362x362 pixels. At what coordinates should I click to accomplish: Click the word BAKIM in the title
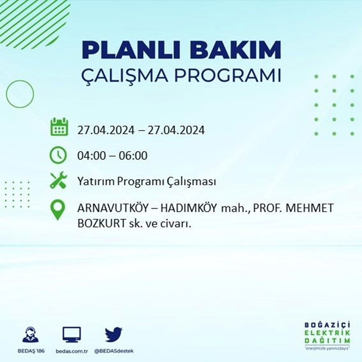click(x=236, y=50)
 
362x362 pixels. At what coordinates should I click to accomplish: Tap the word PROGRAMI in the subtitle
click(x=228, y=75)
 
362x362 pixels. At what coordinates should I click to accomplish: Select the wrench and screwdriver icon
click(x=58, y=180)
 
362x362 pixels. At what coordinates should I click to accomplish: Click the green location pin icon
click(x=58, y=210)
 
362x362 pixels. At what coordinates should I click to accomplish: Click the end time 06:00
click(x=133, y=156)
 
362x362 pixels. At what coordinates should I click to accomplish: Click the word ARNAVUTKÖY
click(x=113, y=208)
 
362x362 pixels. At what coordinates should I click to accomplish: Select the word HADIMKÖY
click(x=189, y=208)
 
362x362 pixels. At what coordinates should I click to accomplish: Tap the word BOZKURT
click(x=101, y=223)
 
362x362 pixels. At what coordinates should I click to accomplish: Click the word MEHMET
click(x=310, y=208)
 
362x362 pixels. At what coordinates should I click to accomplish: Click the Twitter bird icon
click(x=114, y=334)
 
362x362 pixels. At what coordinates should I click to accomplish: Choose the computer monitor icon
click(x=72, y=334)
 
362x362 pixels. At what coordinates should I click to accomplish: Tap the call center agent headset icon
click(x=31, y=334)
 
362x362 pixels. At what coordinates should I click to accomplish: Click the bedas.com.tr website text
click(x=72, y=351)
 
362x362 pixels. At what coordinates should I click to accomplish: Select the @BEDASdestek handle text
click(x=114, y=351)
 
